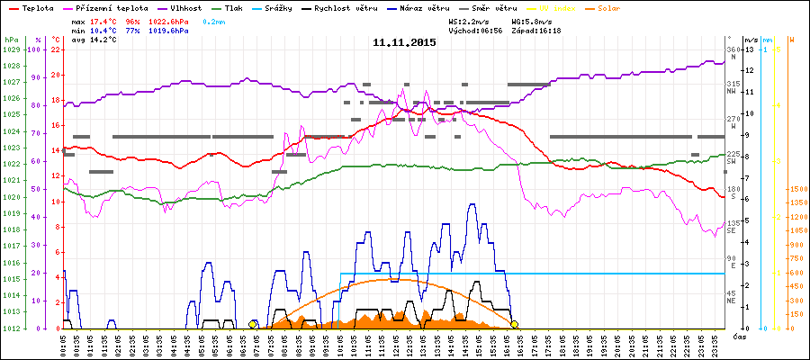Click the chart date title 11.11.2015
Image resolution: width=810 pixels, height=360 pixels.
(x=404, y=42)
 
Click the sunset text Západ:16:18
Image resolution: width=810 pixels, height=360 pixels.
(x=536, y=30)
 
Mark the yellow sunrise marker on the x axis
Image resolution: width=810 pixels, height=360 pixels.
(x=253, y=324)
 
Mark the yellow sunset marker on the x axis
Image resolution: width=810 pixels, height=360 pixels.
(x=514, y=324)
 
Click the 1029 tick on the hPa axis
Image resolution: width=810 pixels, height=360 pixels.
(x=11, y=49)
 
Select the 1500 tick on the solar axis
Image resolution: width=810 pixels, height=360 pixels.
(x=796, y=190)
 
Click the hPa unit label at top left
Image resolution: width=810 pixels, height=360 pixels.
(x=10, y=40)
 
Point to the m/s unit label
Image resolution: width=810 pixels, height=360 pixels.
(x=750, y=40)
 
